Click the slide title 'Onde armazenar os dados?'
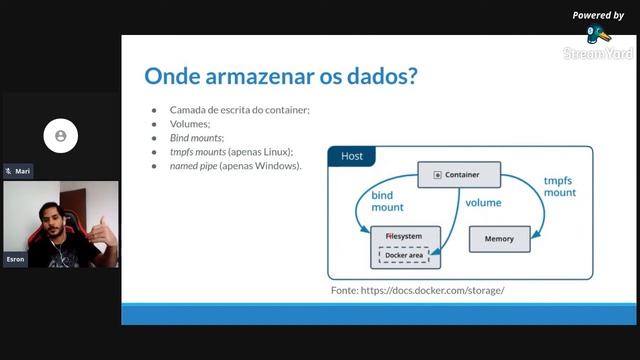point(281,76)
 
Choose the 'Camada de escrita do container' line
point(238,109)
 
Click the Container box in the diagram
point(457,175)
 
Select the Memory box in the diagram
point(499,239)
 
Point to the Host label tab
point(352,157)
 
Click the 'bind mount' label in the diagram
point(388,201)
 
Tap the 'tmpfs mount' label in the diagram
point(560,186)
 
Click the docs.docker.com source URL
point(418,290)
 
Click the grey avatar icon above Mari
point(61,135)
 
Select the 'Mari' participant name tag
point(19,171)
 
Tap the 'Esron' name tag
point(15,258)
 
